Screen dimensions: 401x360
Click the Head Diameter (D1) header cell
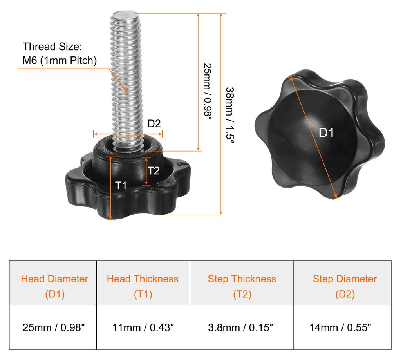point(53,282)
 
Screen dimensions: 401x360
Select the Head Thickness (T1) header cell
point(143,282)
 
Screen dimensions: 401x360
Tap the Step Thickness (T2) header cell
point(242,282)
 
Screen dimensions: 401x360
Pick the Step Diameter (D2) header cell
point(343,282)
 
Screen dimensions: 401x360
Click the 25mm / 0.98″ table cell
point(53,327)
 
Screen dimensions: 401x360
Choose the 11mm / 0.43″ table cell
point(143,327)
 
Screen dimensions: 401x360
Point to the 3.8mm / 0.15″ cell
point(242,327)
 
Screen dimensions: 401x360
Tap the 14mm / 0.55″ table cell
point(343,327)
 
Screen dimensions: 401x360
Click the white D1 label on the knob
point(326,133)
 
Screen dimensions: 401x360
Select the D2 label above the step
point(154,123)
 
